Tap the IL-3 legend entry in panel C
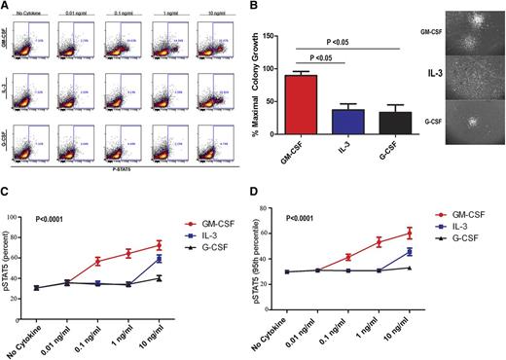pyautogui.click(x=204, y=235)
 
